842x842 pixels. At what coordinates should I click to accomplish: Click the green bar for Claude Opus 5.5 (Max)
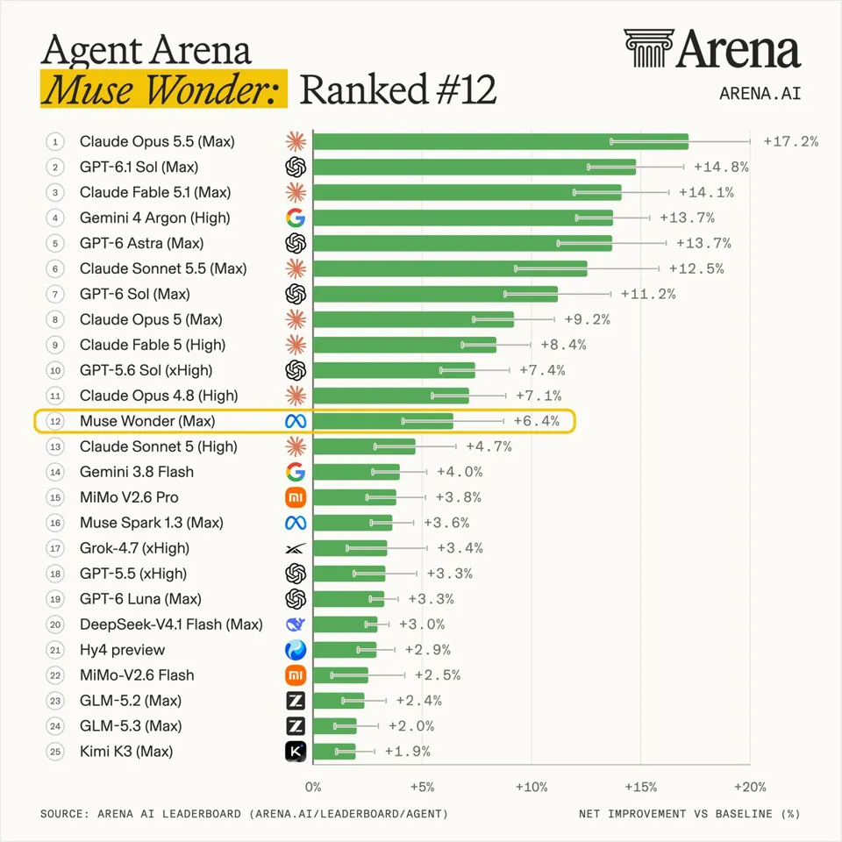pos(501,142)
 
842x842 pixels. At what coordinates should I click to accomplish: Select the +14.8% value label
pos(721,167)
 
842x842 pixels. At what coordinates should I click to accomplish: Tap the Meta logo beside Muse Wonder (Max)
pos(296,421)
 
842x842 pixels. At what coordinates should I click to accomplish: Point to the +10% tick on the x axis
pos(532,788)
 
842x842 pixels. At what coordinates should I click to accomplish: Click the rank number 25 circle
pos(55,752)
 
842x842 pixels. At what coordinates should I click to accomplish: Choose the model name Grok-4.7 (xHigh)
pos(135,548)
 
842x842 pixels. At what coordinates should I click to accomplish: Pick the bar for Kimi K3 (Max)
pos(334,752)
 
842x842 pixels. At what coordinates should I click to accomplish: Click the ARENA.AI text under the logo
pos(760,94)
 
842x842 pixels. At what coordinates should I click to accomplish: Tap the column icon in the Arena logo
pos(649,48)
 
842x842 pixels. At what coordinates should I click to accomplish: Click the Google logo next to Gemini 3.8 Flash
pos(296,472)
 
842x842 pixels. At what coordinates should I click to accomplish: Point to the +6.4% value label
pos(537,421)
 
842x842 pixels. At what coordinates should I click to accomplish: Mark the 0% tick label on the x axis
pos(313,788)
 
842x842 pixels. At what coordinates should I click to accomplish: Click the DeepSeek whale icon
pos(296,624)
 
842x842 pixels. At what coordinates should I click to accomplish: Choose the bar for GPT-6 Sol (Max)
pos(436,295)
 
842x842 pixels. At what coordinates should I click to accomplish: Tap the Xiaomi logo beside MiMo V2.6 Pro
pos(296,497)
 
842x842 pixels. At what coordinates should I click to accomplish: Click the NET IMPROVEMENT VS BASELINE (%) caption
pos(689,814)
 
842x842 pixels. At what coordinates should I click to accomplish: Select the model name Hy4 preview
pos(123,650)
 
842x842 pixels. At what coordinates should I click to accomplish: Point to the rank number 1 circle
pos(55,142)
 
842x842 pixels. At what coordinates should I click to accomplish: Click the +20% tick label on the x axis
pos(750,788)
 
